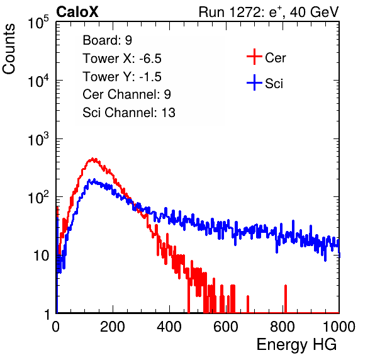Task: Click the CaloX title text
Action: click(77, 12)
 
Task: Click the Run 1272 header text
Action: click(269, 12)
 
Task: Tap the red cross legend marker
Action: click(254, 57)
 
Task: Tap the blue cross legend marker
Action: click(254, 82)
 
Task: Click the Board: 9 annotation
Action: click(108, 40)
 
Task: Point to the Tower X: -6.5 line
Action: click(122, 59)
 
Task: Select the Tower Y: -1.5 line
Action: click(122, 77)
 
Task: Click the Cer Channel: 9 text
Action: click(126, 94)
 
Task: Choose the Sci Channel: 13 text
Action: click(129, 113)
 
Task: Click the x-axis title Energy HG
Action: click(296, 345)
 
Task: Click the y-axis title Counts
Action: click(9, 49)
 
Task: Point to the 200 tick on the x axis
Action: click(113, 327)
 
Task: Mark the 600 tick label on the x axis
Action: click(226, 327)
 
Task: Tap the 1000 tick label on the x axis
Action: click(339, 327)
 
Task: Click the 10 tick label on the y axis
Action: click(41, 256)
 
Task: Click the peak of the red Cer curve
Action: click(93, 159)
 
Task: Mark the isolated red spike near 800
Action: click(285, 299)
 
